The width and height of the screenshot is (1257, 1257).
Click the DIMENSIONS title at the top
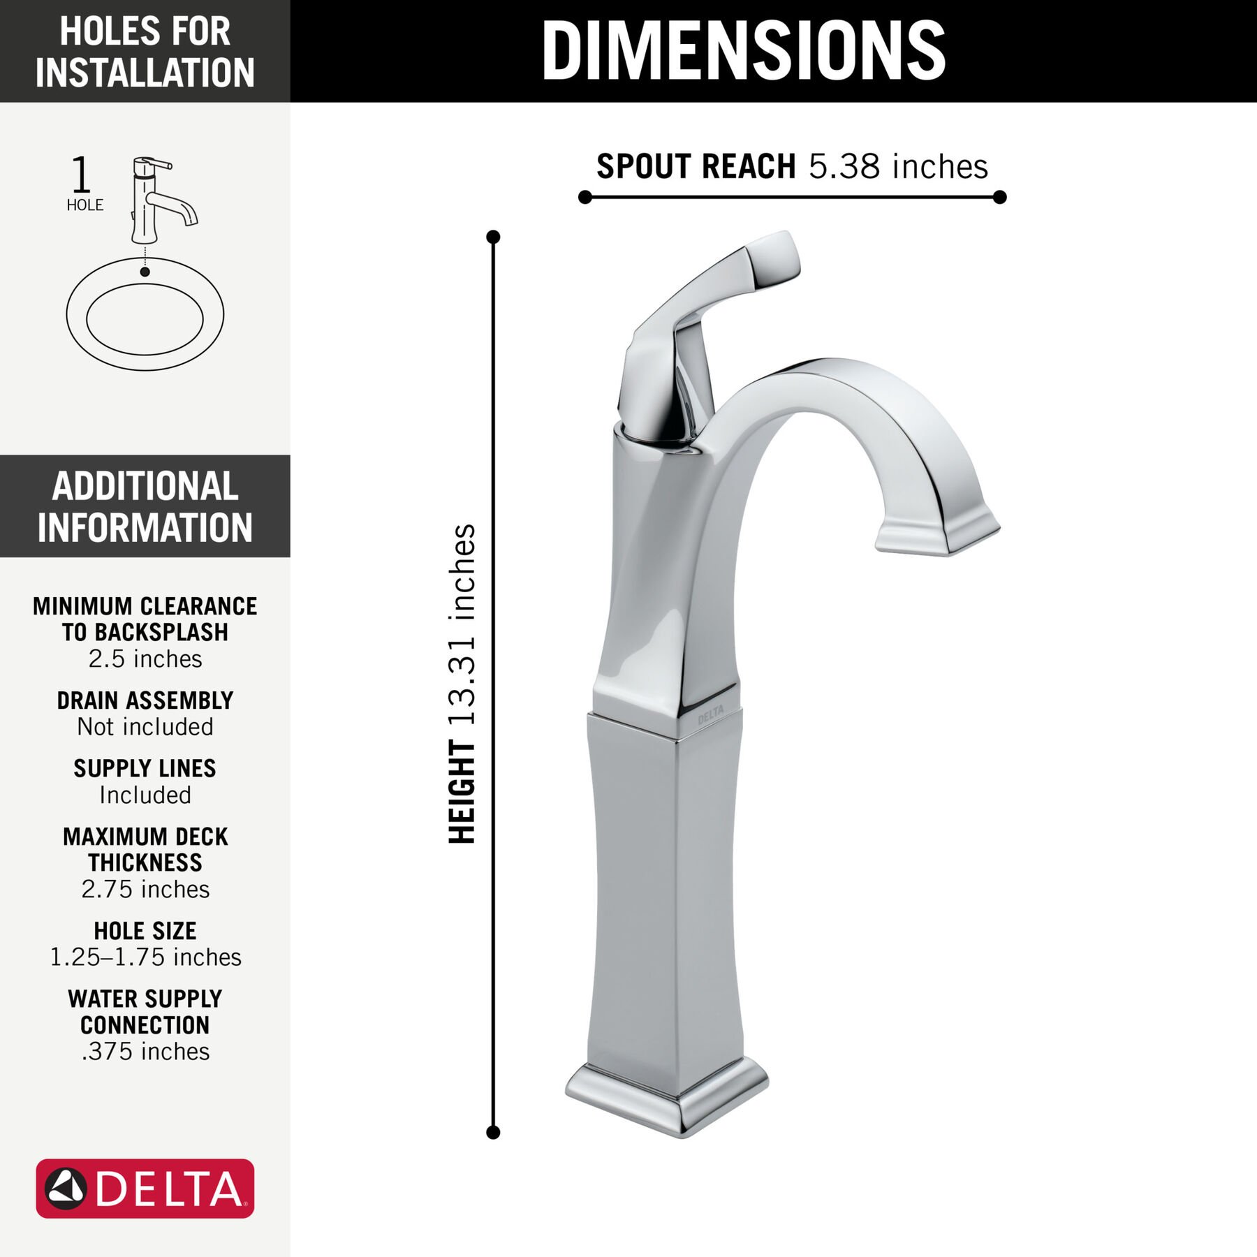pos(743,50)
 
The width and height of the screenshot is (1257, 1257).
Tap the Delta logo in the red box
pos(145,1188)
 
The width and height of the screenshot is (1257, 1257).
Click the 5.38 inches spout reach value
pos(898,167)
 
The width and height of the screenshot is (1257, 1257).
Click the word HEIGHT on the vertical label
pos(463,792)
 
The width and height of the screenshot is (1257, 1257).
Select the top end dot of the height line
pos(493,237)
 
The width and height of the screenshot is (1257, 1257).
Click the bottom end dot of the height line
pos(493,1133)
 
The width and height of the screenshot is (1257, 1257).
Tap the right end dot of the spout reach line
pos(999,198)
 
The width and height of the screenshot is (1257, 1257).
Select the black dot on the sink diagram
pos(145,272)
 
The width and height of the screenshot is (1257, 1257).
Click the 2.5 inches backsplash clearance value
pos(145,659)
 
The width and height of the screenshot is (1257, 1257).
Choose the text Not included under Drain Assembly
pos(145,727)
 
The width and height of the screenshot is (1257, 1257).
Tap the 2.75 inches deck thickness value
pos(145,890)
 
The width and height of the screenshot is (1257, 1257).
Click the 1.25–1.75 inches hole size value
pos(145,957)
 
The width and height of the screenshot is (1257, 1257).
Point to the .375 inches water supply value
pos(145,1052)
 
